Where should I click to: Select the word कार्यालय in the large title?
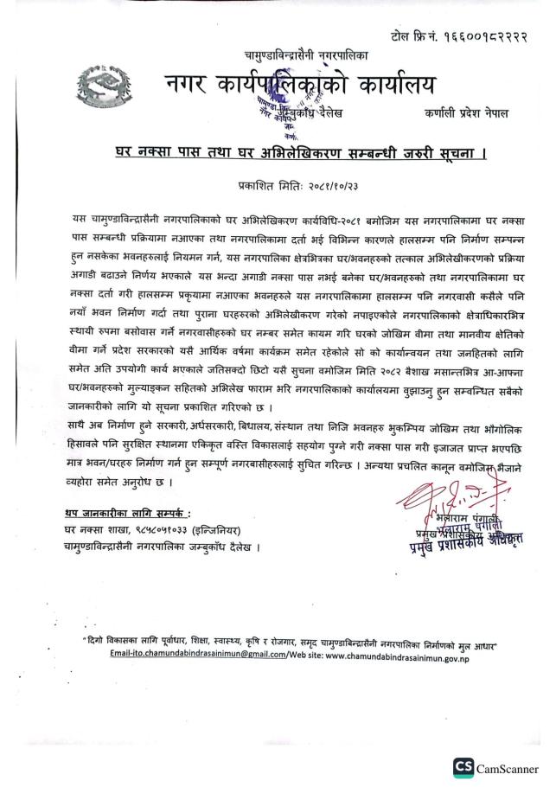(x=388, y=85)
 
